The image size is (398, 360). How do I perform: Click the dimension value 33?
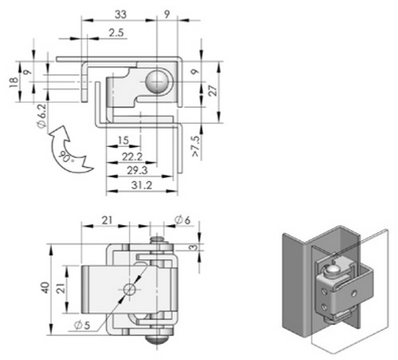(x=120, y=14)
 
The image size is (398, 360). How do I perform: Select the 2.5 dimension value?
(x=116, y=33)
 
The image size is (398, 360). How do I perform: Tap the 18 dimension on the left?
(x=14, y=82)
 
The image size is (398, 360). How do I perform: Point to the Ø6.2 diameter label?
(x=42, y=116)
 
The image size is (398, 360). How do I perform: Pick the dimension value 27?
(x=213, y=90)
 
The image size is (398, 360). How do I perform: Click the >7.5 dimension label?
(x=195, y=146)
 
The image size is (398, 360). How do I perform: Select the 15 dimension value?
(x=123, y=140)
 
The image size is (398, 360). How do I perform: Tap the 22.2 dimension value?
(x=132, y=156)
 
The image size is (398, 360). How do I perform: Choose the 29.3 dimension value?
(x=137, y=171)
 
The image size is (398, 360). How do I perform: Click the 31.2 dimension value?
(x=141, y=185)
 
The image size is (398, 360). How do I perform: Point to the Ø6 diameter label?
(x=183, y=220)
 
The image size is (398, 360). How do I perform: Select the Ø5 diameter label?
(x=82, y=325)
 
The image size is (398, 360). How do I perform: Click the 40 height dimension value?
(x=45, y=288)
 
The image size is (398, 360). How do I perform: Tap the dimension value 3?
(x=195, y=247)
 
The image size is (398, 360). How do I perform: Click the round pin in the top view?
(x=157, y=82)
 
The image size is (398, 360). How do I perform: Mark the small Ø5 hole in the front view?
(x=129, y=289)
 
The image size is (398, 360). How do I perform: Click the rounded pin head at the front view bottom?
(x=157, y=339)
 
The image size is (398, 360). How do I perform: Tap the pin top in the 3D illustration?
(x=332, y=271)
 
